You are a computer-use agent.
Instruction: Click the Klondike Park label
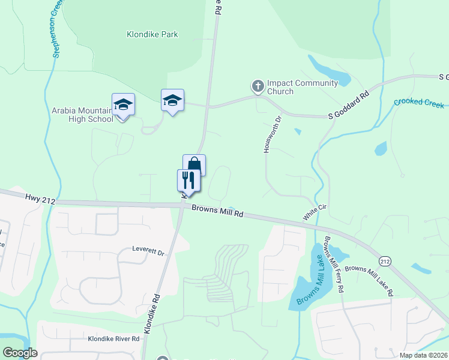click(152, 35)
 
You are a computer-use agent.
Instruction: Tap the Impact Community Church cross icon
click(258, 86)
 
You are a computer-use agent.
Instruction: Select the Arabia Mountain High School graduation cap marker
click(123, 105)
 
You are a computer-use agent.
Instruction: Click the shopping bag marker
click(194, 164)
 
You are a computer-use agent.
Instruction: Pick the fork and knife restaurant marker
click(188, 179)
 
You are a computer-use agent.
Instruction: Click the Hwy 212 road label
click(40, 198)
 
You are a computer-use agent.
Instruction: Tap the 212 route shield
click(385, 260)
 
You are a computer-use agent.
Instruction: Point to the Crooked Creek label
click(418, 102)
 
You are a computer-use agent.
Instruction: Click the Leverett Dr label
click(148, 252)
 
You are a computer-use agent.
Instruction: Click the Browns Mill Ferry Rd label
click(334, 264)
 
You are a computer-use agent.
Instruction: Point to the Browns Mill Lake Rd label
click(369, 281)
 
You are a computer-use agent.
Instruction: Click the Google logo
click(20, 353)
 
